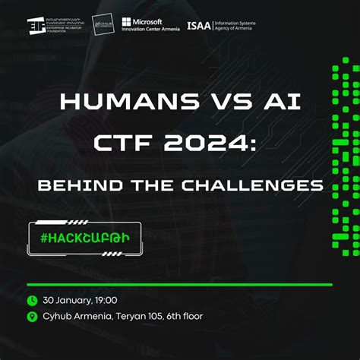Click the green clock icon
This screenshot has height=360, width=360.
point(32,301)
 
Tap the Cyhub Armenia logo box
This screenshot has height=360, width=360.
point(104,26)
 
